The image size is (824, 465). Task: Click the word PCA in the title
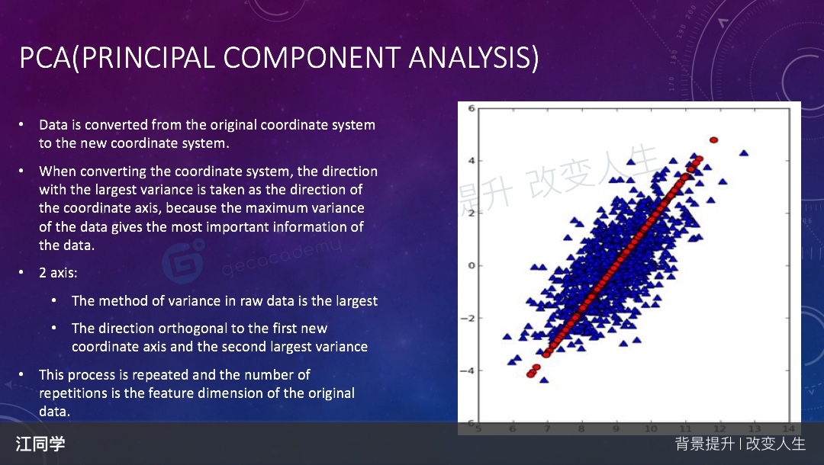(x=45, y=58)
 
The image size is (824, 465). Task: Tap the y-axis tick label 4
(x=472, y=161)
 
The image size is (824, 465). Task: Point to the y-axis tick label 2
(x=472, y=213)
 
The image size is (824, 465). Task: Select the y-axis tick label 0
(x=472, y=265)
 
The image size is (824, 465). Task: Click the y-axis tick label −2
(x=468, y=318)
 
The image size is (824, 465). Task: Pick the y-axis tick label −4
(x=468, y=370)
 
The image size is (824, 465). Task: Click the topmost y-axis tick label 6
(x=472, y=109)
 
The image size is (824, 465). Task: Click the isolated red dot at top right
(x=713, y=140)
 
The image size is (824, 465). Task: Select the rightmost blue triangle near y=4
(x=744, y=153)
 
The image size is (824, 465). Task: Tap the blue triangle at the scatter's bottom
(x=544, y=380)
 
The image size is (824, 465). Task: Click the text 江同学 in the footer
(x=40, y=444)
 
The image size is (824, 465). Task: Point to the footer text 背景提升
(x=705, y=444)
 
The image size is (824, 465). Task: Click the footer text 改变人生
(x=776, y=444)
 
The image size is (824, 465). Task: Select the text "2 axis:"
(x=58, y=273)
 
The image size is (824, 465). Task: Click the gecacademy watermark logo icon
(x=182, y=260)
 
